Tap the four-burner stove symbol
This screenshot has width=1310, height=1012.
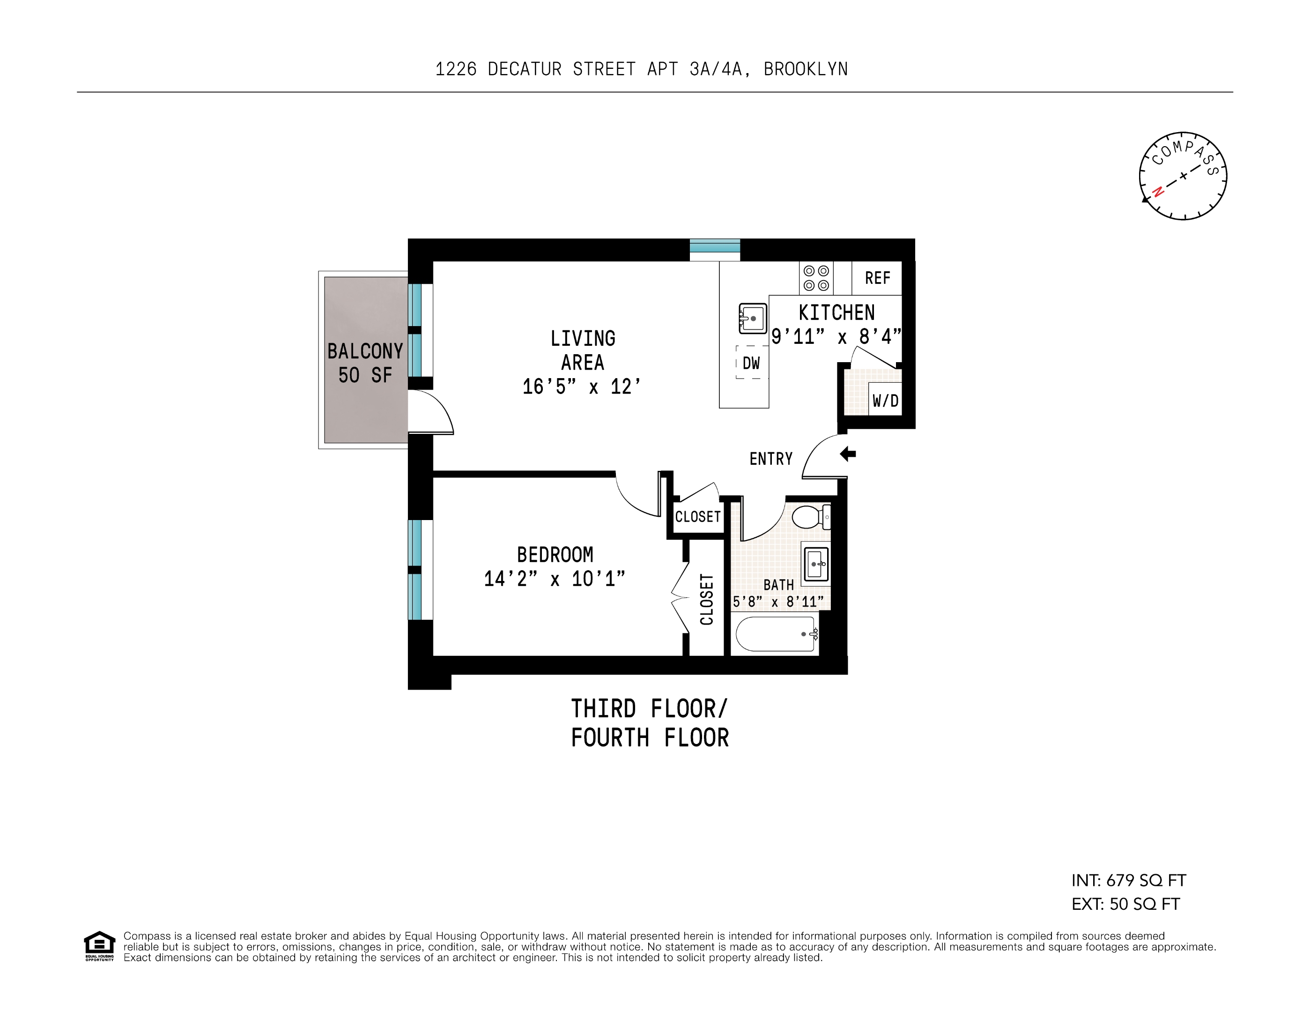[816, 278]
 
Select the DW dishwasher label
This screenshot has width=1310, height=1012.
[751, 363]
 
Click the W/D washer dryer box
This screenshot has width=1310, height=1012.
[885, 400]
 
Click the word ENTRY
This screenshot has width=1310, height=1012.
[771, 459]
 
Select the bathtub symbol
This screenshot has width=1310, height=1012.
[776, 634]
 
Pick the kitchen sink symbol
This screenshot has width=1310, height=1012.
[753, 319]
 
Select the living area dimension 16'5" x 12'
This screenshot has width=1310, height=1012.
[581, 387]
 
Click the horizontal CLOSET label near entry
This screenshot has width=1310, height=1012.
[697, 516]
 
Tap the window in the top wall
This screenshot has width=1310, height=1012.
[714, 248]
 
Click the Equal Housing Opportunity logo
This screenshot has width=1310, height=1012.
[99, 946]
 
